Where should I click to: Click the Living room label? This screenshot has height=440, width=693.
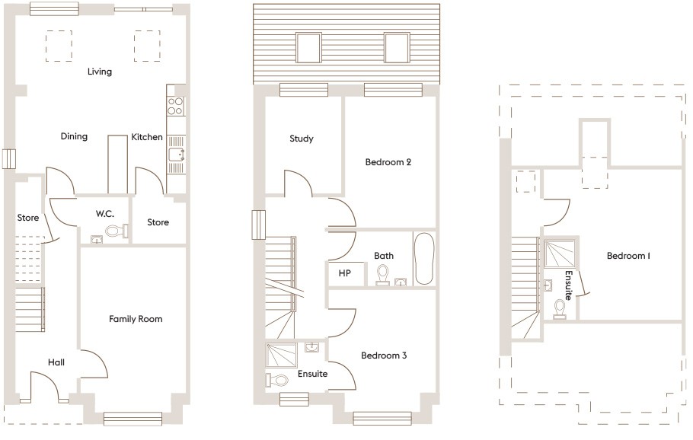pos(100,72)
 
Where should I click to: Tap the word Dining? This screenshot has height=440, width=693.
pos(74,136)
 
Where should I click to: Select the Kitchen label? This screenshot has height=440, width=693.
pos(147,137)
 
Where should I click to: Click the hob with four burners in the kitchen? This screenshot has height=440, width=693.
pos(175,106)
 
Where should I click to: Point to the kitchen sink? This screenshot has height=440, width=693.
pos(177,155)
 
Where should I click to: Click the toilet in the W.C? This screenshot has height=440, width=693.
pos(117,231)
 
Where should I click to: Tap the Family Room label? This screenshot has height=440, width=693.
pos(136,319)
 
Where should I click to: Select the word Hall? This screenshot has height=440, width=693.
pos(56,362)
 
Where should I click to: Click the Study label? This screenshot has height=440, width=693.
pos(302,139)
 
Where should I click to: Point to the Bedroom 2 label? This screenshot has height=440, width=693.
pos(388,162)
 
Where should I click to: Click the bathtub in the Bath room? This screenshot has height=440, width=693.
pos(424,259)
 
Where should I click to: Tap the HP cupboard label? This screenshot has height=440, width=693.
pos(345,273)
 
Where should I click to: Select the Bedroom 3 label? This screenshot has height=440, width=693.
pos(384,356)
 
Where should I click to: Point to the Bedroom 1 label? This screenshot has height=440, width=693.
pos(628,256)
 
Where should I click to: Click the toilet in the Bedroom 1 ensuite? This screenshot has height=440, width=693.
pos(560,309)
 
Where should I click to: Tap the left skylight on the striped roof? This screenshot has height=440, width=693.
pos(308,48)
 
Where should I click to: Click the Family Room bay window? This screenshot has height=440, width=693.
pos(133,419)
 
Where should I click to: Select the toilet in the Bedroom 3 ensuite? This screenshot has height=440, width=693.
pos(277,380)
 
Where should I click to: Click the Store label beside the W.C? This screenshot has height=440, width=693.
pos(158,222)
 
